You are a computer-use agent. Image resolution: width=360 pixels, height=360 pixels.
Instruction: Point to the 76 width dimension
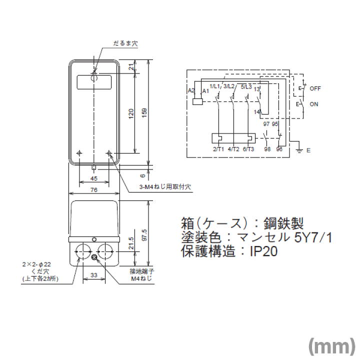pos(93,189)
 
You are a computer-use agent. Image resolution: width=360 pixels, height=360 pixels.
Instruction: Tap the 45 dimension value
pos(93,178)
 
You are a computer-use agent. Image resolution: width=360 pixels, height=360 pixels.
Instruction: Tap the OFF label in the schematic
pos(315,88)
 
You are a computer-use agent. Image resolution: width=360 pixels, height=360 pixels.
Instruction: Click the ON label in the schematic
pos(314,104)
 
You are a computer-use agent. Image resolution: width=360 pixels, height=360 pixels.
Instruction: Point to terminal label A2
pos(190,90)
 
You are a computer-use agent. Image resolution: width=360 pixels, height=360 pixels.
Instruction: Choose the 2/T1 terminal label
pos(218,149)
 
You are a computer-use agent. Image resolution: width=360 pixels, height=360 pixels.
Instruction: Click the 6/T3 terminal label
pos(248,149)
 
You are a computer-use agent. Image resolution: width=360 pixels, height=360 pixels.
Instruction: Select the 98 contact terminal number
pos(266,149)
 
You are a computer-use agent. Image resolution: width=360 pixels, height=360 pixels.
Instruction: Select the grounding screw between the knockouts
pos(94,257)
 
